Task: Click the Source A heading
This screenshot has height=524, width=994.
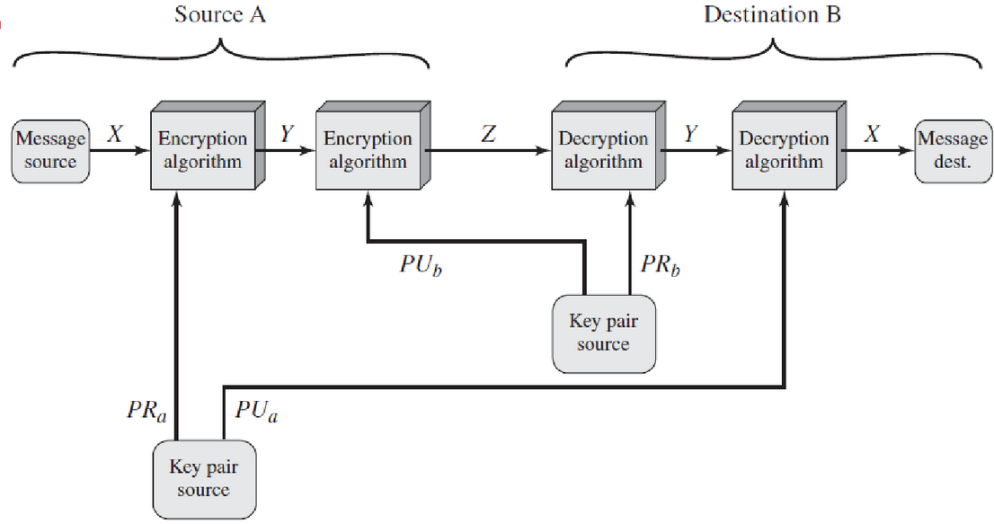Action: point(220,15)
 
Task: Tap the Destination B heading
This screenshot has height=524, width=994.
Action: point(771,15)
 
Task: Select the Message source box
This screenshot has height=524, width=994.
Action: point(51,151)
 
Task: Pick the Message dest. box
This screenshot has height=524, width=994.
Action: point(952,151)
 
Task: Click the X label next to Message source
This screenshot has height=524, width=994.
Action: point(114,135)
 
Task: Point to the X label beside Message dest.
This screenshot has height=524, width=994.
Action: point(871,135)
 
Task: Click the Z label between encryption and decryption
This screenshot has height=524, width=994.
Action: point(487,135)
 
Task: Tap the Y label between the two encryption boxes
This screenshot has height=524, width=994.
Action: point(286,135)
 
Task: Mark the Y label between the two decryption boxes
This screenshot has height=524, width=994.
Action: point(689,135)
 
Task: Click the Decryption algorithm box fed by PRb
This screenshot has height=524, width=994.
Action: point(603,151)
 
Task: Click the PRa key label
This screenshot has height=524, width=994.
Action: point(146,411)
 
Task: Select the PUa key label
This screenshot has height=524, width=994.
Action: point(256,413)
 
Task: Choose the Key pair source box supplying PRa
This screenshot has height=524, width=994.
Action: point(203,477)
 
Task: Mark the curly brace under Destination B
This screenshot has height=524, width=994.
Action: point(772,54)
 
